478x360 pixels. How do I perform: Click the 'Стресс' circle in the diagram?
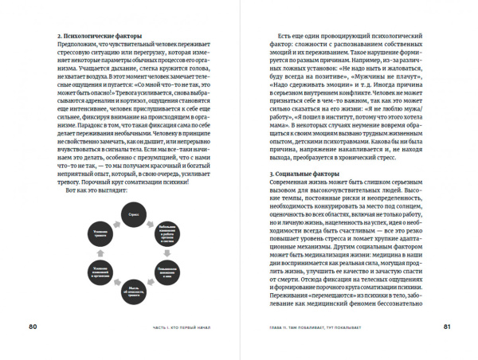(132, 215)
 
